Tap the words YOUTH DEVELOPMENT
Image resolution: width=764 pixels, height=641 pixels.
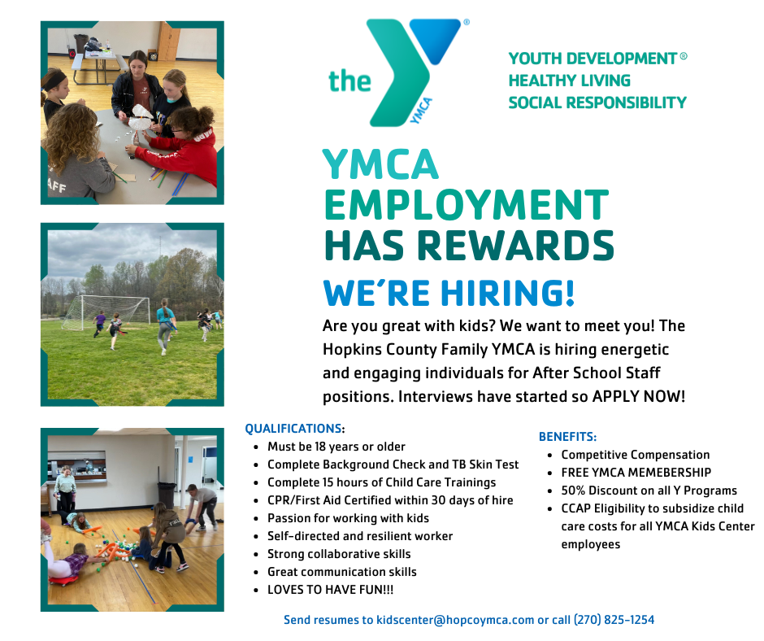click(x=593, y=59)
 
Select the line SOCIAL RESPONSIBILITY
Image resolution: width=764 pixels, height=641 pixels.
click(x=597, y=102)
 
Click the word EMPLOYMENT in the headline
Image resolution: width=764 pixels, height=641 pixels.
click(x=466, y=205)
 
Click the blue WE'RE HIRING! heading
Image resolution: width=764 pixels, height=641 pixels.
click(x=448, y=293)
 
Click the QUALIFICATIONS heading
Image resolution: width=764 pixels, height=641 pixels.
click(x=293, y=429)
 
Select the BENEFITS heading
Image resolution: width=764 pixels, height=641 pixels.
click(x=567, y=437)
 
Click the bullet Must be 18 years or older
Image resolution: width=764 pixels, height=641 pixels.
click(x=336, y=447)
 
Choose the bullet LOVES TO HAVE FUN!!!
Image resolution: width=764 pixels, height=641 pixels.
click(x=331, y=590)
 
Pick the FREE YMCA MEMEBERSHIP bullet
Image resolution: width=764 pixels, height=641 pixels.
click(x=636, y=473)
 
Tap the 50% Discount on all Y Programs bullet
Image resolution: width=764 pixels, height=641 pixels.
click(x=649, y=491)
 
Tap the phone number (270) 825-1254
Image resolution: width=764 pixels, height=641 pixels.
click(x=614, y=620)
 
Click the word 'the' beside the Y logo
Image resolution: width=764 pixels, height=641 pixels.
click(x=349, y=81)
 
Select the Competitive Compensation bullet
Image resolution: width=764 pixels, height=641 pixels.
click(x=635, y=455)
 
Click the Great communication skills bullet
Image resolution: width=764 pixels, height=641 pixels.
click(x=341, y=572)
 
